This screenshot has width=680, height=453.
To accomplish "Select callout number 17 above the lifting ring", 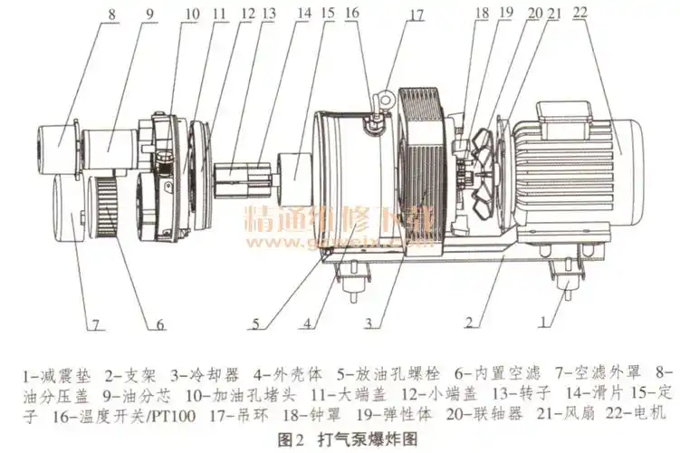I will (416, 14).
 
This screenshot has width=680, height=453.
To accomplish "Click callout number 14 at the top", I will (303, 14).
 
